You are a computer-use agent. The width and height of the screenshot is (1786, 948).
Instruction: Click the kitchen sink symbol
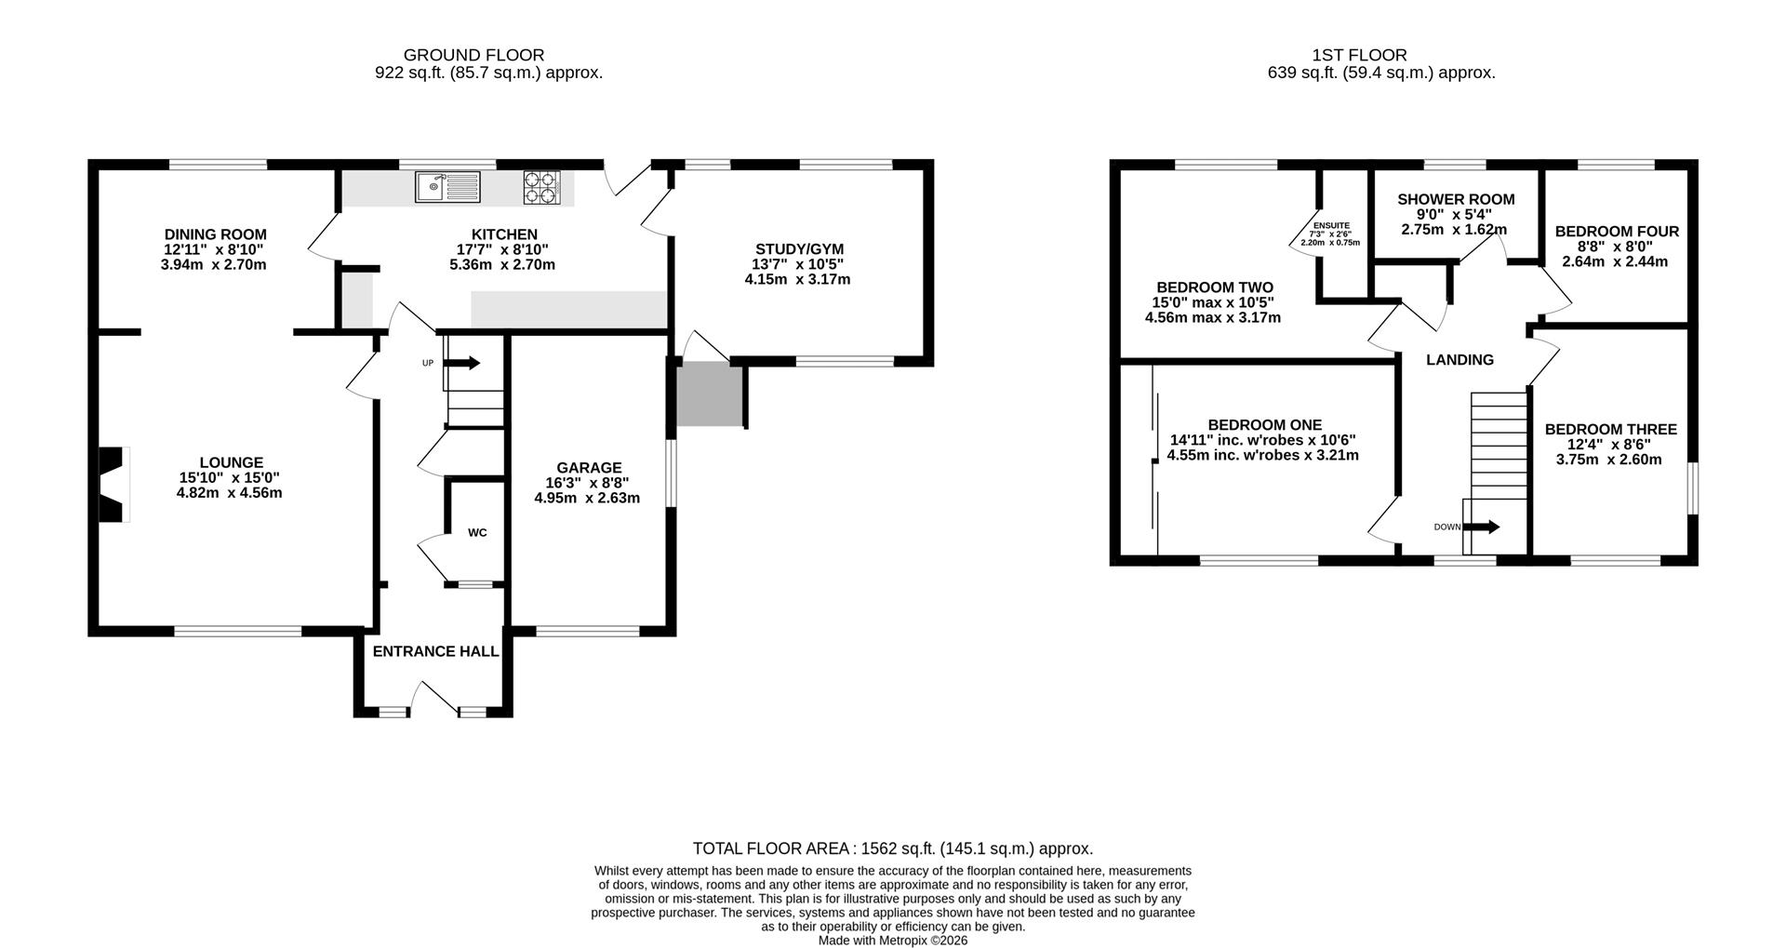(447, 186)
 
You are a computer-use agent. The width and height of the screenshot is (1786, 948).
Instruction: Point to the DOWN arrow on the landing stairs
(1481, 527)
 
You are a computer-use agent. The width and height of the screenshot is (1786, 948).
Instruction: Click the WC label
(477, 533)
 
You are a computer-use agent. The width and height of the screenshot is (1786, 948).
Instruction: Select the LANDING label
(1459, 360)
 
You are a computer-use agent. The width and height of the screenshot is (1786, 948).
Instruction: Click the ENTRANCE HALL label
(435, 651)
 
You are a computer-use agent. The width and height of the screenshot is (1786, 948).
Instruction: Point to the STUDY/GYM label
(799, 249)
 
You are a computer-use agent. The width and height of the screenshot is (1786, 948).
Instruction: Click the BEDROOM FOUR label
(1617, 232)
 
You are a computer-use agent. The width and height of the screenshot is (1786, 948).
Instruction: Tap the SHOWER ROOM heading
(1456, 199)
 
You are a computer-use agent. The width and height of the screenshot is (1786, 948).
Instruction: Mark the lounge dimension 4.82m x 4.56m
(229, 492)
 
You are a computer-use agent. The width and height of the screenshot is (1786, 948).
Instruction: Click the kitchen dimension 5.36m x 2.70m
(502, 264)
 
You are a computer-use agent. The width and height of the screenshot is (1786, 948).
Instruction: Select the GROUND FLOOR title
(474, 55)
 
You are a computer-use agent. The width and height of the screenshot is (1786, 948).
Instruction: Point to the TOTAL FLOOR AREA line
(893, 848)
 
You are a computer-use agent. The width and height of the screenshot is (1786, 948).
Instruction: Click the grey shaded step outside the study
(709, 395)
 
